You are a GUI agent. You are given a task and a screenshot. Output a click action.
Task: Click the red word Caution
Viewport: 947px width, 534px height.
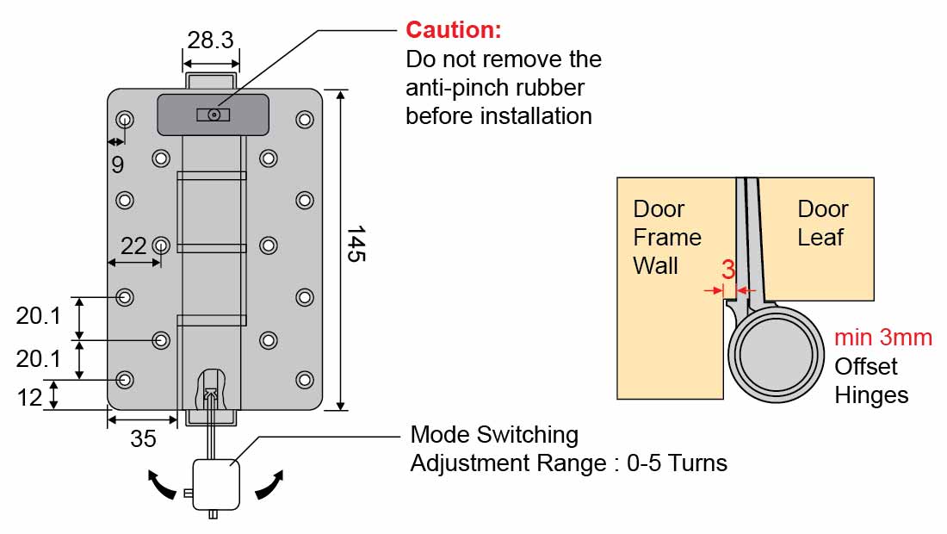click(x=453, y=30)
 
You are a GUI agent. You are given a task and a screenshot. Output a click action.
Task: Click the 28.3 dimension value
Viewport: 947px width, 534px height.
click(x=211, y=40)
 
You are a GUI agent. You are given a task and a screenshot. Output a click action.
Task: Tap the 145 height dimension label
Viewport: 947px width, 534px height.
click(x=356, y=245)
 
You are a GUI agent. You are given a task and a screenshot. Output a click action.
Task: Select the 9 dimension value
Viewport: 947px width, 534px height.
click(x=117, y=164)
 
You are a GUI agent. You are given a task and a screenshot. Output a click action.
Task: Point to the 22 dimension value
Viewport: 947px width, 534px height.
click(x=133, y=246)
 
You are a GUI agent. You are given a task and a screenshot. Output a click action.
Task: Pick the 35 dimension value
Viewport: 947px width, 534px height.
click(x=143, y=438)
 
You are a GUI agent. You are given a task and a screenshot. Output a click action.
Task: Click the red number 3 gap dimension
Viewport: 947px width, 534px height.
click(x=727, y=270)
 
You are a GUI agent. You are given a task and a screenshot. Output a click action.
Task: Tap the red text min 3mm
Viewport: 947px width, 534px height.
click(x=882, y=338)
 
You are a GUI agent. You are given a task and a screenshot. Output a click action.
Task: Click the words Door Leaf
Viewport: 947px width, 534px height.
click(x=822, y=223)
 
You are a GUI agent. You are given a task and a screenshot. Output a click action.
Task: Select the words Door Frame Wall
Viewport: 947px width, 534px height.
click(x=666, y=237)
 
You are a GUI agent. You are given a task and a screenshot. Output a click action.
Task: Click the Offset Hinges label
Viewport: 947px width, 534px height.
click(x=870, y=381)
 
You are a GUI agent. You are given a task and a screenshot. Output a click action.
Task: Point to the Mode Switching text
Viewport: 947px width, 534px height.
click(x=493, y=434)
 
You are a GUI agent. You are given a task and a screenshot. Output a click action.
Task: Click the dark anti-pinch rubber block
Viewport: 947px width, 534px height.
click(x=213, y=115)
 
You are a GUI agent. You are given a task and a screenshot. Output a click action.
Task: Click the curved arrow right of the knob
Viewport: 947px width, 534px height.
click(x=269, y=484)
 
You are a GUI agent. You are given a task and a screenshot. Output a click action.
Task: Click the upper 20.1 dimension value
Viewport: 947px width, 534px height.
click(x=39, y=316)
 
